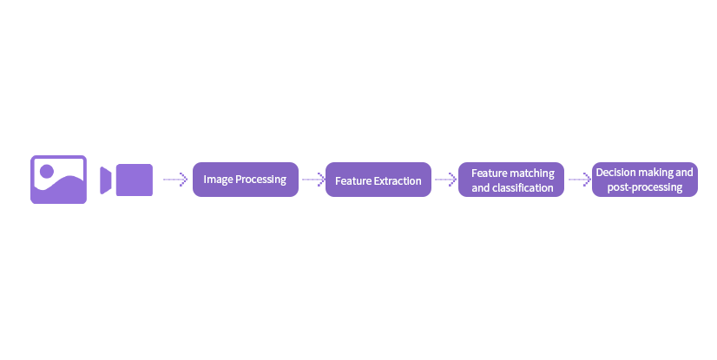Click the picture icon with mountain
(58, 180)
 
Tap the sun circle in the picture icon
(47, 171)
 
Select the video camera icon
(126, 180)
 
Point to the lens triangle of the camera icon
(106, 180)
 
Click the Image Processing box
(246, 180)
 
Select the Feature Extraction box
(378, 180)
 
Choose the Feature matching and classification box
(511, 180)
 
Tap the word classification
(523, 187)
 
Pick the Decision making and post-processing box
(645, 180)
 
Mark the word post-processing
(645, 187)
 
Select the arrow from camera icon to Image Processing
(175, 180)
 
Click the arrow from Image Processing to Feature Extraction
(313, 180)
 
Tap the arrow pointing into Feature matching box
(446, 180)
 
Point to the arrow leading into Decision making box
(580, 180)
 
